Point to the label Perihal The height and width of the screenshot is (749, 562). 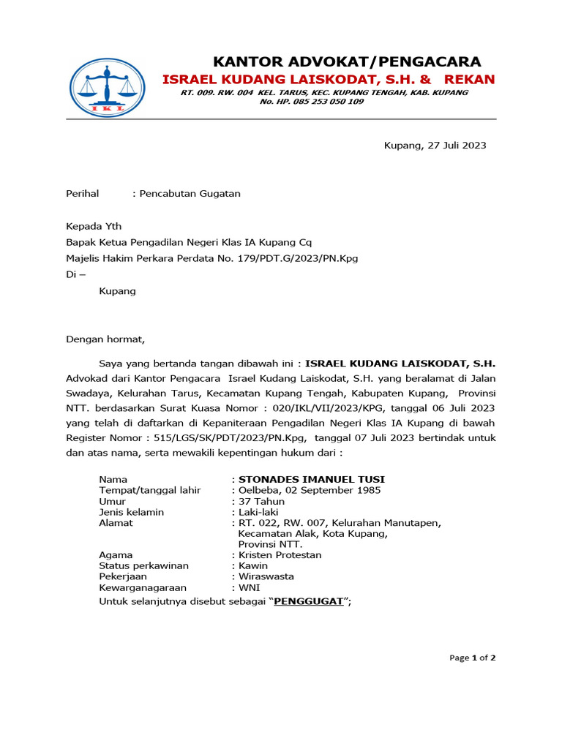(82, 194)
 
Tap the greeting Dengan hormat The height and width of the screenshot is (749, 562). (106, 339)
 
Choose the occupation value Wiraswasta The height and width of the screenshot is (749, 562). (266, 576)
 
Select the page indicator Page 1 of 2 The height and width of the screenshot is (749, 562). (472, 658)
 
